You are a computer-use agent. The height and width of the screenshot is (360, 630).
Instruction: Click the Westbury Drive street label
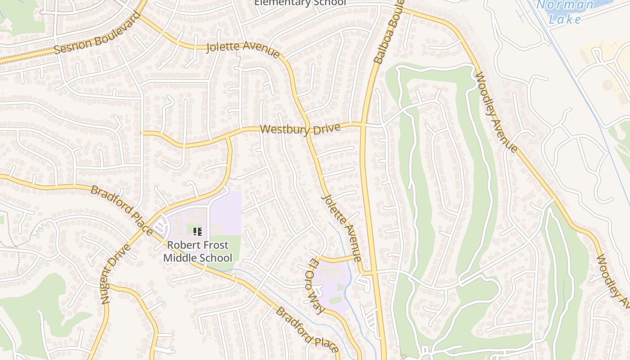click(x=300, y=129)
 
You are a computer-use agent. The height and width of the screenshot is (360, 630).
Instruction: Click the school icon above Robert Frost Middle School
click(x=197, y=232)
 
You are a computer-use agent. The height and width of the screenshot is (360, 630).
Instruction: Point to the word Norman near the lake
click(x=566, y=5)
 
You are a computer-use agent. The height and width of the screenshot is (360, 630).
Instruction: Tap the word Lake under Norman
click(x=566, y=19)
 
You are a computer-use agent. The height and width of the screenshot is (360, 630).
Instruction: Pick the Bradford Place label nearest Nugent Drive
click(x=121, y=210)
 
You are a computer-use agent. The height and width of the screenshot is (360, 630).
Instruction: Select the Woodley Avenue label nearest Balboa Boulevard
click(x=496, y=112)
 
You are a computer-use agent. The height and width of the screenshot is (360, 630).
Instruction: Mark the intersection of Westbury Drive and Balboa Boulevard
click(x=363, y=124)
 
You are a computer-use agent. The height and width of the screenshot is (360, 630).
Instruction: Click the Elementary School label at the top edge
click(x=300, y=3)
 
